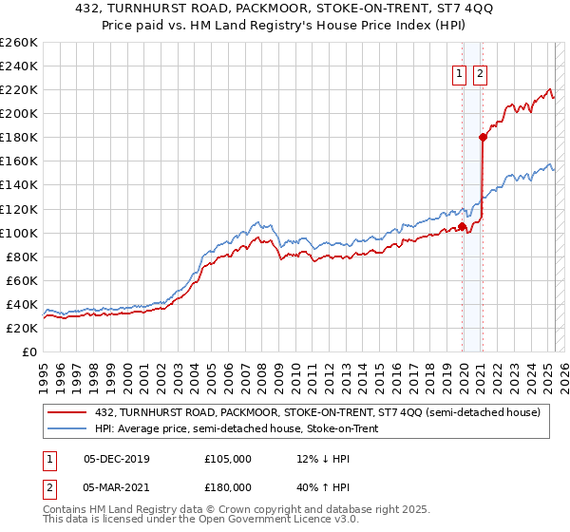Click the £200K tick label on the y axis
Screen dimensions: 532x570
[x=18, y=113]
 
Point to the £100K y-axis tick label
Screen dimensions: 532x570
[x=18, y=233]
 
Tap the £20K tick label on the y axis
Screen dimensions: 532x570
[x=21, y=328]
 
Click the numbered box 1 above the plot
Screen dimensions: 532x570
[x=460, y=74]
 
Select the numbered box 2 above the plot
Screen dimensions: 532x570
[x=480, y=74]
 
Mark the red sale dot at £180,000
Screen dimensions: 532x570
[x=483, y=137]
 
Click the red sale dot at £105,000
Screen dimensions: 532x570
[x=463, y=226]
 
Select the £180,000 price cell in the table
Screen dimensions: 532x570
[x=228, y=486]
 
